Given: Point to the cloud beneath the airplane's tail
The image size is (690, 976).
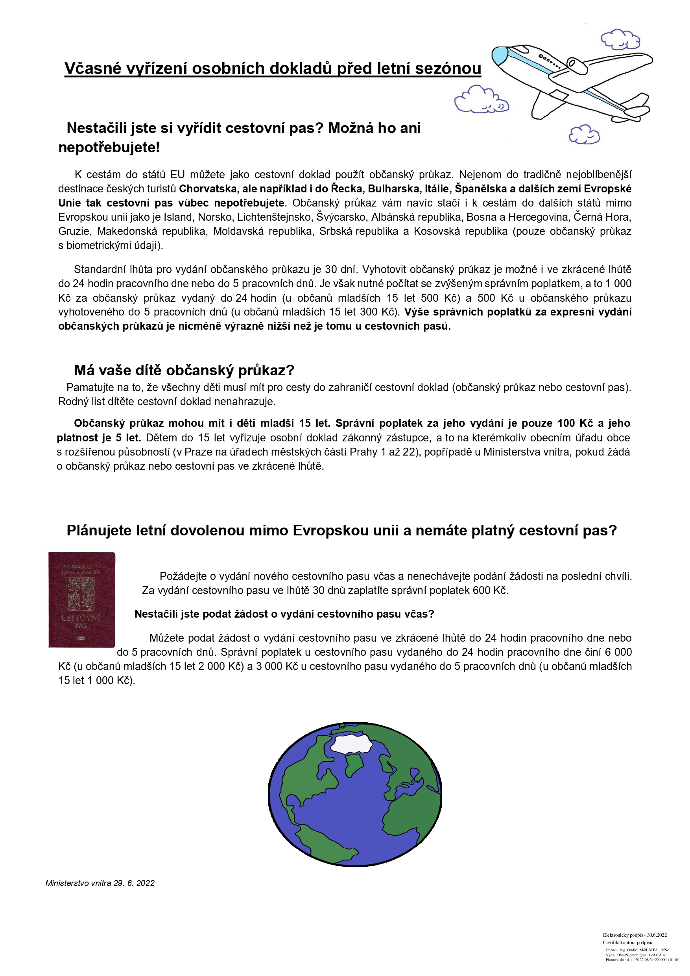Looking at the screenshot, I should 584,135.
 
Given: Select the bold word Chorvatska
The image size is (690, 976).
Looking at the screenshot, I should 207,189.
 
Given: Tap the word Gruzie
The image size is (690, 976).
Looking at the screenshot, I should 74,231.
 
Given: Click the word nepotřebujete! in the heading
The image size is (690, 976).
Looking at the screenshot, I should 109,148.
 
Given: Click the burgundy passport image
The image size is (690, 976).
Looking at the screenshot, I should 81,600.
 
